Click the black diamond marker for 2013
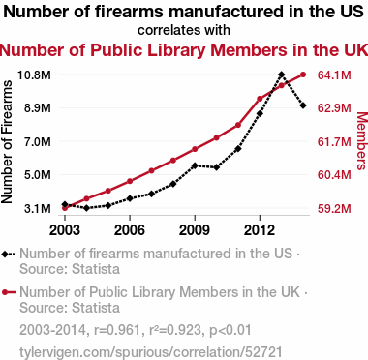point(281,75)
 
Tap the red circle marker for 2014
point(303,75)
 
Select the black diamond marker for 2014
point(303,105)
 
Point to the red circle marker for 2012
point(260,99)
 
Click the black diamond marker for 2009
point(195,165)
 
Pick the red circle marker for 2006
point(130,181)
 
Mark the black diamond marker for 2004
point(86,208)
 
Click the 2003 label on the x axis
point(65,230)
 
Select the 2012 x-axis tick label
point(260,230)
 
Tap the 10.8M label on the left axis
point(34,75)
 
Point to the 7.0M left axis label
point(38,141)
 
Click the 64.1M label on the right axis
point(334,75)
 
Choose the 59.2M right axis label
point(334,209)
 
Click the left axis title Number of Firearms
point(7,142)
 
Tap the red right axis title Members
point(362,141)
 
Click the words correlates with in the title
point(184,30)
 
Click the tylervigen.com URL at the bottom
point(151,352)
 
